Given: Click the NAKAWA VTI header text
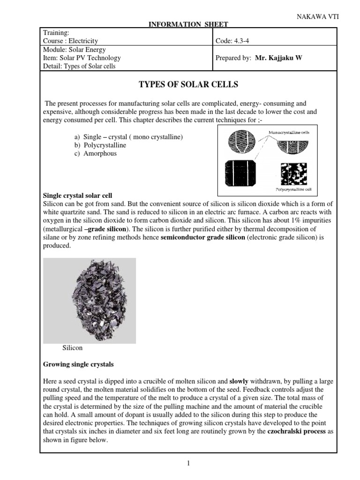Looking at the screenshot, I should pos(318,16).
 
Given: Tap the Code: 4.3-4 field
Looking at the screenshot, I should pos(232,41).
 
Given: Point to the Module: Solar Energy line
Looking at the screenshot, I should pos(75,50).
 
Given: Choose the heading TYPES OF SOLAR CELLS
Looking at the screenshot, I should pos(188,84).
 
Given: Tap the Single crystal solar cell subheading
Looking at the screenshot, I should pos(77,195).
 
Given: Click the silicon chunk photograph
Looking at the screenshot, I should pos(90,300).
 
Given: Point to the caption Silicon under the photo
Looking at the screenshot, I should pos(72,348).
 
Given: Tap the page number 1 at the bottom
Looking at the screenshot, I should pos(188,464).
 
